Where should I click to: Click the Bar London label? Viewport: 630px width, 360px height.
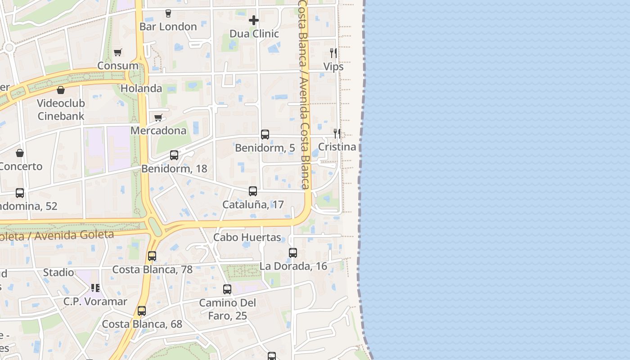(x=168, y=27)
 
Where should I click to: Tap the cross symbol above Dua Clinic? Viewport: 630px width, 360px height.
(x=254, y=20)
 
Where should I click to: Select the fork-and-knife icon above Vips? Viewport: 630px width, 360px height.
(x=333, y=53)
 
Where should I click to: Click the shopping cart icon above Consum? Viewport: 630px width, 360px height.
(x=118, y=53)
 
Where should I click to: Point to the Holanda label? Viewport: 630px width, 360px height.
(x=141, y=88)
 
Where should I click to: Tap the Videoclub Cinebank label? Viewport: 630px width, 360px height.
(x=61, y=109)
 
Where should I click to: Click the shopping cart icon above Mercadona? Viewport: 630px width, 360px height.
(x=158, y=118)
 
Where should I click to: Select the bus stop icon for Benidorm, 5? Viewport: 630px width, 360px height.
(x=265, y=135)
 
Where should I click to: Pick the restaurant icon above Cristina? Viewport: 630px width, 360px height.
(x=337, y=133)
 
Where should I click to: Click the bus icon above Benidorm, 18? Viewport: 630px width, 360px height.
(x=174, y=155)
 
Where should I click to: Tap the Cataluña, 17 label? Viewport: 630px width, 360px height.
(x=253, y=205)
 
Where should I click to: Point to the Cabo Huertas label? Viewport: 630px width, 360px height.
(x=247, y=237)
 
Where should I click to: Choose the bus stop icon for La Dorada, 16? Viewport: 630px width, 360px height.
(x=293, y=253)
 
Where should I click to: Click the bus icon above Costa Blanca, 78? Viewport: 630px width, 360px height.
(x=152, y=256)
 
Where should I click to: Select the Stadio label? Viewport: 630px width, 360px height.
(x=58, y=272)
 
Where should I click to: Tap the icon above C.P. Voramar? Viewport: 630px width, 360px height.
(x=95, y=288)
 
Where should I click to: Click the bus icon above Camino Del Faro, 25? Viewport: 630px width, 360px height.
(x=227, y=289)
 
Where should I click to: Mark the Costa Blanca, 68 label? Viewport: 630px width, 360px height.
(x=142, y=324)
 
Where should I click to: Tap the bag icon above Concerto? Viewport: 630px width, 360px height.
(x=20, y=153)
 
